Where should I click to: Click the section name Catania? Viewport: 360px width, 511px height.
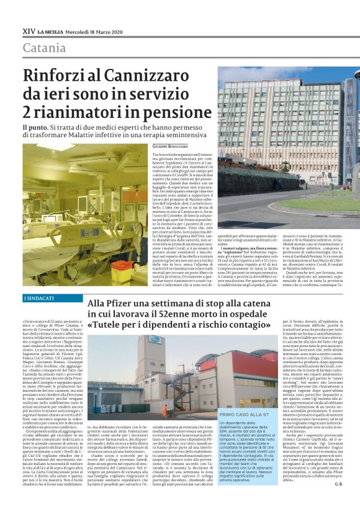point(44,48)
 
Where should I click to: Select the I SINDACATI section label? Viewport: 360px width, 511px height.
point(39,299)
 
